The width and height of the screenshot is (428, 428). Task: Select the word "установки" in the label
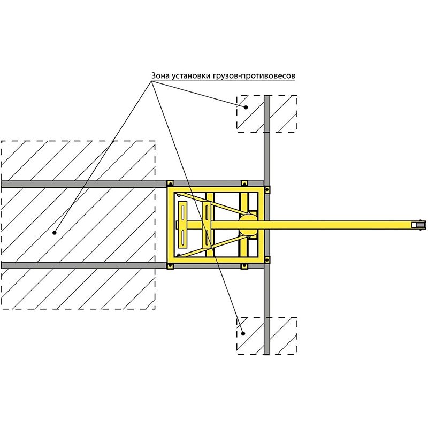pyautogui.click(x=191, y=75)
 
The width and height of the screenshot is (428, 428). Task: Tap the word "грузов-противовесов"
pyautogui.click(x=254, y=75)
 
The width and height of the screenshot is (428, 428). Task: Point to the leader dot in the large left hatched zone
pyautogui.click(x=55, y=233)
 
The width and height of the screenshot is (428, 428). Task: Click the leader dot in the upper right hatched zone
pyautogui.click(x=246, y=108)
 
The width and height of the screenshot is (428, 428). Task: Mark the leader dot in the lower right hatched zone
pyautogui.click(x=243, y=333)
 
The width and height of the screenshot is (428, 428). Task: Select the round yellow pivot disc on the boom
pyautogui.click(x=248, y=225)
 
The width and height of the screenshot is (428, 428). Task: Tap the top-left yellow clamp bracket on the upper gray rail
pyautogui.click(x=170, y=183)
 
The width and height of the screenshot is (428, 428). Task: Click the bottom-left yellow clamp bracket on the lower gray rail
pyautogui.click(x=170, y=266)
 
